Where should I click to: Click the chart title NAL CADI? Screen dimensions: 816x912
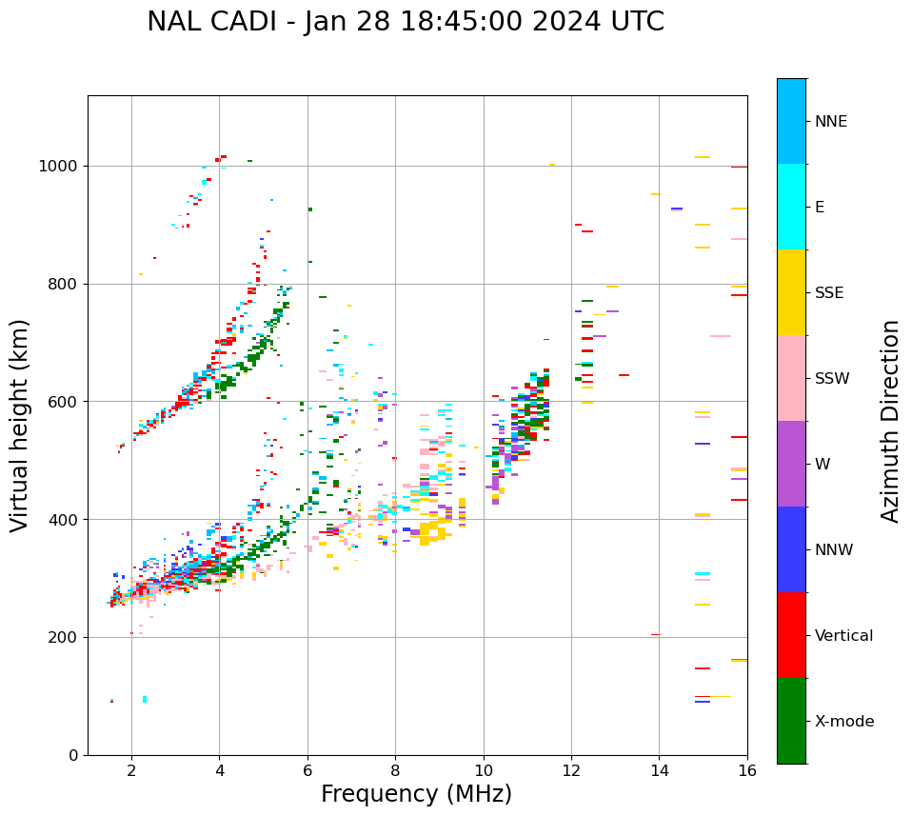click(x=406, y=22)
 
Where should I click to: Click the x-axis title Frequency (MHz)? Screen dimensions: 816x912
click(x=416, y=794)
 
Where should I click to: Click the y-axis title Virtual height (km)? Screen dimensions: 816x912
click(x=20, y=426)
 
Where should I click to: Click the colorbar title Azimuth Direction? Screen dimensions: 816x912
click(x=890, y=421)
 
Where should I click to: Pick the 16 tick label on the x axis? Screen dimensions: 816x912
click(x=747, y=770)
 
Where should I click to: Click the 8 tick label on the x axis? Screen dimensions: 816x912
click(x=395, y=770)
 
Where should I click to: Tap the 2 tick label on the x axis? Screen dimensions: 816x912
click(x=131, y=770)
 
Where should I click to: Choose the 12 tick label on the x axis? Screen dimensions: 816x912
click(x=571, y=770)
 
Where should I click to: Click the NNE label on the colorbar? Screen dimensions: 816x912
click(x=831, y=122)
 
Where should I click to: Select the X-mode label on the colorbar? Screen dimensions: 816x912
click(x=844, y=722)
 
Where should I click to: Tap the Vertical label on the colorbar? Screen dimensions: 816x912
click(x=844, y=636)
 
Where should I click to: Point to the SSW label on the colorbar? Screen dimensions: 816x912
click(x=832, y=379)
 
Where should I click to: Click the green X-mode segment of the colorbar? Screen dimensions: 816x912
click(x=791, y=721)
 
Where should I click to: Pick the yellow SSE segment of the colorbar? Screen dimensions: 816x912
click(x=791, y=292)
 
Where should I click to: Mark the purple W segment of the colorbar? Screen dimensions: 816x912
click(x=791, y=464)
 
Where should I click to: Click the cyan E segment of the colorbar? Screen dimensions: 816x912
click(x=791, y=207)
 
